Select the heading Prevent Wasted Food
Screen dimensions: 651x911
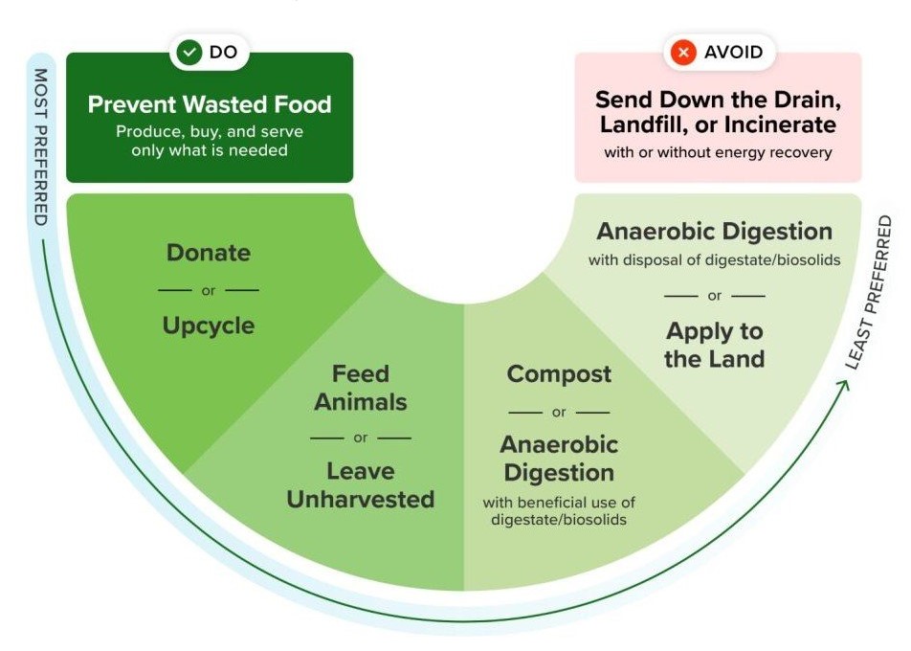210,104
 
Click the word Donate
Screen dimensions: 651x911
209,253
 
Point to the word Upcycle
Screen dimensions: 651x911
209,325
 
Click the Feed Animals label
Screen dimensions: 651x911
361,388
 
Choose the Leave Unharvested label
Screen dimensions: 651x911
361,485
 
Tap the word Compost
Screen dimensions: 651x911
559,374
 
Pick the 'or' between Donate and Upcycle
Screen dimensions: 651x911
209,289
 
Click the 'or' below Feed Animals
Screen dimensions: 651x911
361,438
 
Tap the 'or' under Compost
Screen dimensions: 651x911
559,413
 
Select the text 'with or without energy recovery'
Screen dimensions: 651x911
717,152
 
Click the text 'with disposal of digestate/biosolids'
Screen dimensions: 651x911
715,259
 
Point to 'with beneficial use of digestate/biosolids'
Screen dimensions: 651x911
559,510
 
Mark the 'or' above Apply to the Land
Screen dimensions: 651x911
715,296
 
